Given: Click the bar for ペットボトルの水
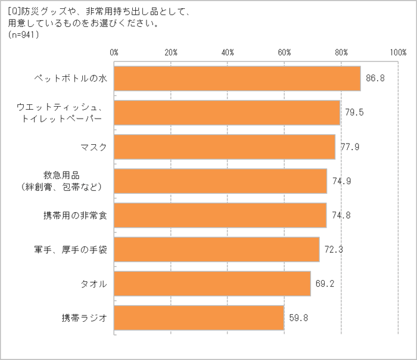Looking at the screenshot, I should click(237, 78).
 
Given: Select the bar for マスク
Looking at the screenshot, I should click(225, 147).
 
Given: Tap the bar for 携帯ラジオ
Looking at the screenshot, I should click(199, 318).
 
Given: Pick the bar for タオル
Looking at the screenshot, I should click(212, 284).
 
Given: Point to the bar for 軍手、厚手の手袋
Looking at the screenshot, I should click(216, 249).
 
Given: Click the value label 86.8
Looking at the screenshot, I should click(375, 78).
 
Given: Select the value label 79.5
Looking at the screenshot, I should click(354, 113).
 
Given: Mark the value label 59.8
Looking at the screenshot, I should click(298, 318).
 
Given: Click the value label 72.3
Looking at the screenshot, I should click(334, 249).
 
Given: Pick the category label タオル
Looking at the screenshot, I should click(94, 284).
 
